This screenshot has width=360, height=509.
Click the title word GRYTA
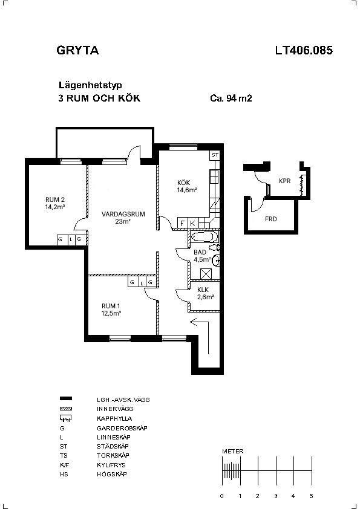coord(77,50)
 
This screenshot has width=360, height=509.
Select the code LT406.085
coord(304,50)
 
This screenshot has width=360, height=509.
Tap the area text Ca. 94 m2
coord(231,98)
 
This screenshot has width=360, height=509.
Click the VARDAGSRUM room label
coord(123,214)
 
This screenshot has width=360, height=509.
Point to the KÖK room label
coord(183,183)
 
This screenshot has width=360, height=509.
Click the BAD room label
coord(200,252)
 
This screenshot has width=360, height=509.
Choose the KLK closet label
coord(203,290)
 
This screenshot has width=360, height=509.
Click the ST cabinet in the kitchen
coord(215,155)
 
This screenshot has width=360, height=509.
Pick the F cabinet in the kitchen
coord(183,223)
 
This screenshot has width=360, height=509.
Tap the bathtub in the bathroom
coord(204,236)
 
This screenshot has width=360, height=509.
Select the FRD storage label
coord(271,219)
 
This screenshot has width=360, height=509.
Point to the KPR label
coord(284,181)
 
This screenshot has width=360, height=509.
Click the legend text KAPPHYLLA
coord(114,419)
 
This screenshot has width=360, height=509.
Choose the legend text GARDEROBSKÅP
coord(122,428)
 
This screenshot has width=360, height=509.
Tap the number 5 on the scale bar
coord(311,496)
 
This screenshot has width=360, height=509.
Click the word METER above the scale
coord(232,451)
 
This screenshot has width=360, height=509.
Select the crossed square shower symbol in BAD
coord(206,274)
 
